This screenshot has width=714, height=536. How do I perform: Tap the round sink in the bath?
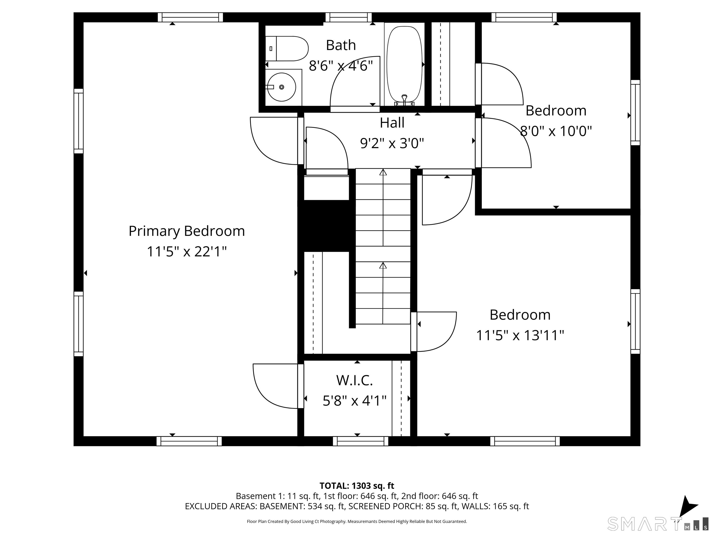(282, 87)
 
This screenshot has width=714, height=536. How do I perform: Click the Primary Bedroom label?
(187, 231)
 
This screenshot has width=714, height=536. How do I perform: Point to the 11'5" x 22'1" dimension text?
(187, 251)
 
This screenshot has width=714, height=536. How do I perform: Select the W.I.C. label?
(354, 380)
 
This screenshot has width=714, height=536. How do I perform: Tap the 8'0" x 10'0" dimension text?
(556, 131)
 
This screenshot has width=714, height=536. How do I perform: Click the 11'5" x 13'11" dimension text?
(520, 335)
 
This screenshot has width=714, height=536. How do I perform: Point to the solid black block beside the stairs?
(326, 226)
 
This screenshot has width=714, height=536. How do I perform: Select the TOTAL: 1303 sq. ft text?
(357, 486)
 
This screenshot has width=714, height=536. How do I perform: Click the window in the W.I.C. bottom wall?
(360, 441)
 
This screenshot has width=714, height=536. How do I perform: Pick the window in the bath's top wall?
(349, 17)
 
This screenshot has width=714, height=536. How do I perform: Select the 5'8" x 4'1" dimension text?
(354, 401)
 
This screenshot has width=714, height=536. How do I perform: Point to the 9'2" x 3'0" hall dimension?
(392, 143)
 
